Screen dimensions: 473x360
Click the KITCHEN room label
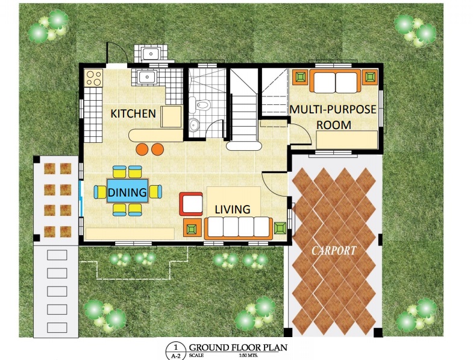(133, 113)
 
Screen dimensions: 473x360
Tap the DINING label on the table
(127, 192)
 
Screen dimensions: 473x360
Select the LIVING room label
(232, 209)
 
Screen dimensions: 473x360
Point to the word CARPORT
(334, 250)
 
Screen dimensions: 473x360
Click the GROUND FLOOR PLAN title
(238, 347)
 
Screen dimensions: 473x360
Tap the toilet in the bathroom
(201, 104)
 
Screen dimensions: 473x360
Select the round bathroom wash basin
(194, 124)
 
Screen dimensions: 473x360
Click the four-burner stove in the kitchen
(94, 78)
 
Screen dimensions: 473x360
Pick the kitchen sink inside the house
(147, 77)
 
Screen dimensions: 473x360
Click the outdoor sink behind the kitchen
(151, 54)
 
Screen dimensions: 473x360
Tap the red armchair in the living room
(191, 204)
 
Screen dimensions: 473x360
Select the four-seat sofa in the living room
(239, 228)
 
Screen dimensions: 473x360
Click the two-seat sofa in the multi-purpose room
(335, 81)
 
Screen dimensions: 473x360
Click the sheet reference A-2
(176, 355)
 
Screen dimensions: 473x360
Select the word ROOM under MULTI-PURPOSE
(334, 125)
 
